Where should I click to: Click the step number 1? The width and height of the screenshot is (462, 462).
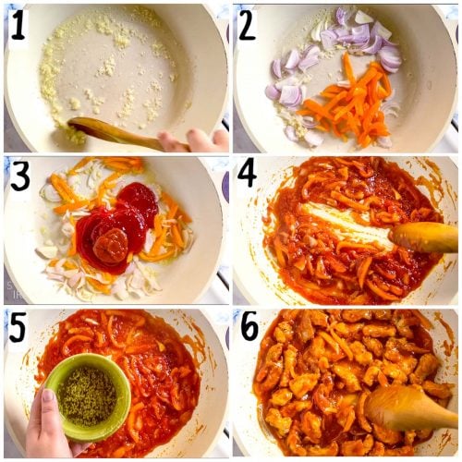point(18,25)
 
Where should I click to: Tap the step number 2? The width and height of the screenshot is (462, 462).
point(247,25)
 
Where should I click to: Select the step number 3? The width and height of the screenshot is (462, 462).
point(20,176)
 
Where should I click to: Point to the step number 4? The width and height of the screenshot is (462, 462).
point(248,176)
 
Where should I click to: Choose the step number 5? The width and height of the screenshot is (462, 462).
point(19,329)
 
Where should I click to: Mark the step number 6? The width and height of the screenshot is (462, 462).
point(248,329)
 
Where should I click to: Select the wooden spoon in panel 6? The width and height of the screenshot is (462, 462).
point(407,407)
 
